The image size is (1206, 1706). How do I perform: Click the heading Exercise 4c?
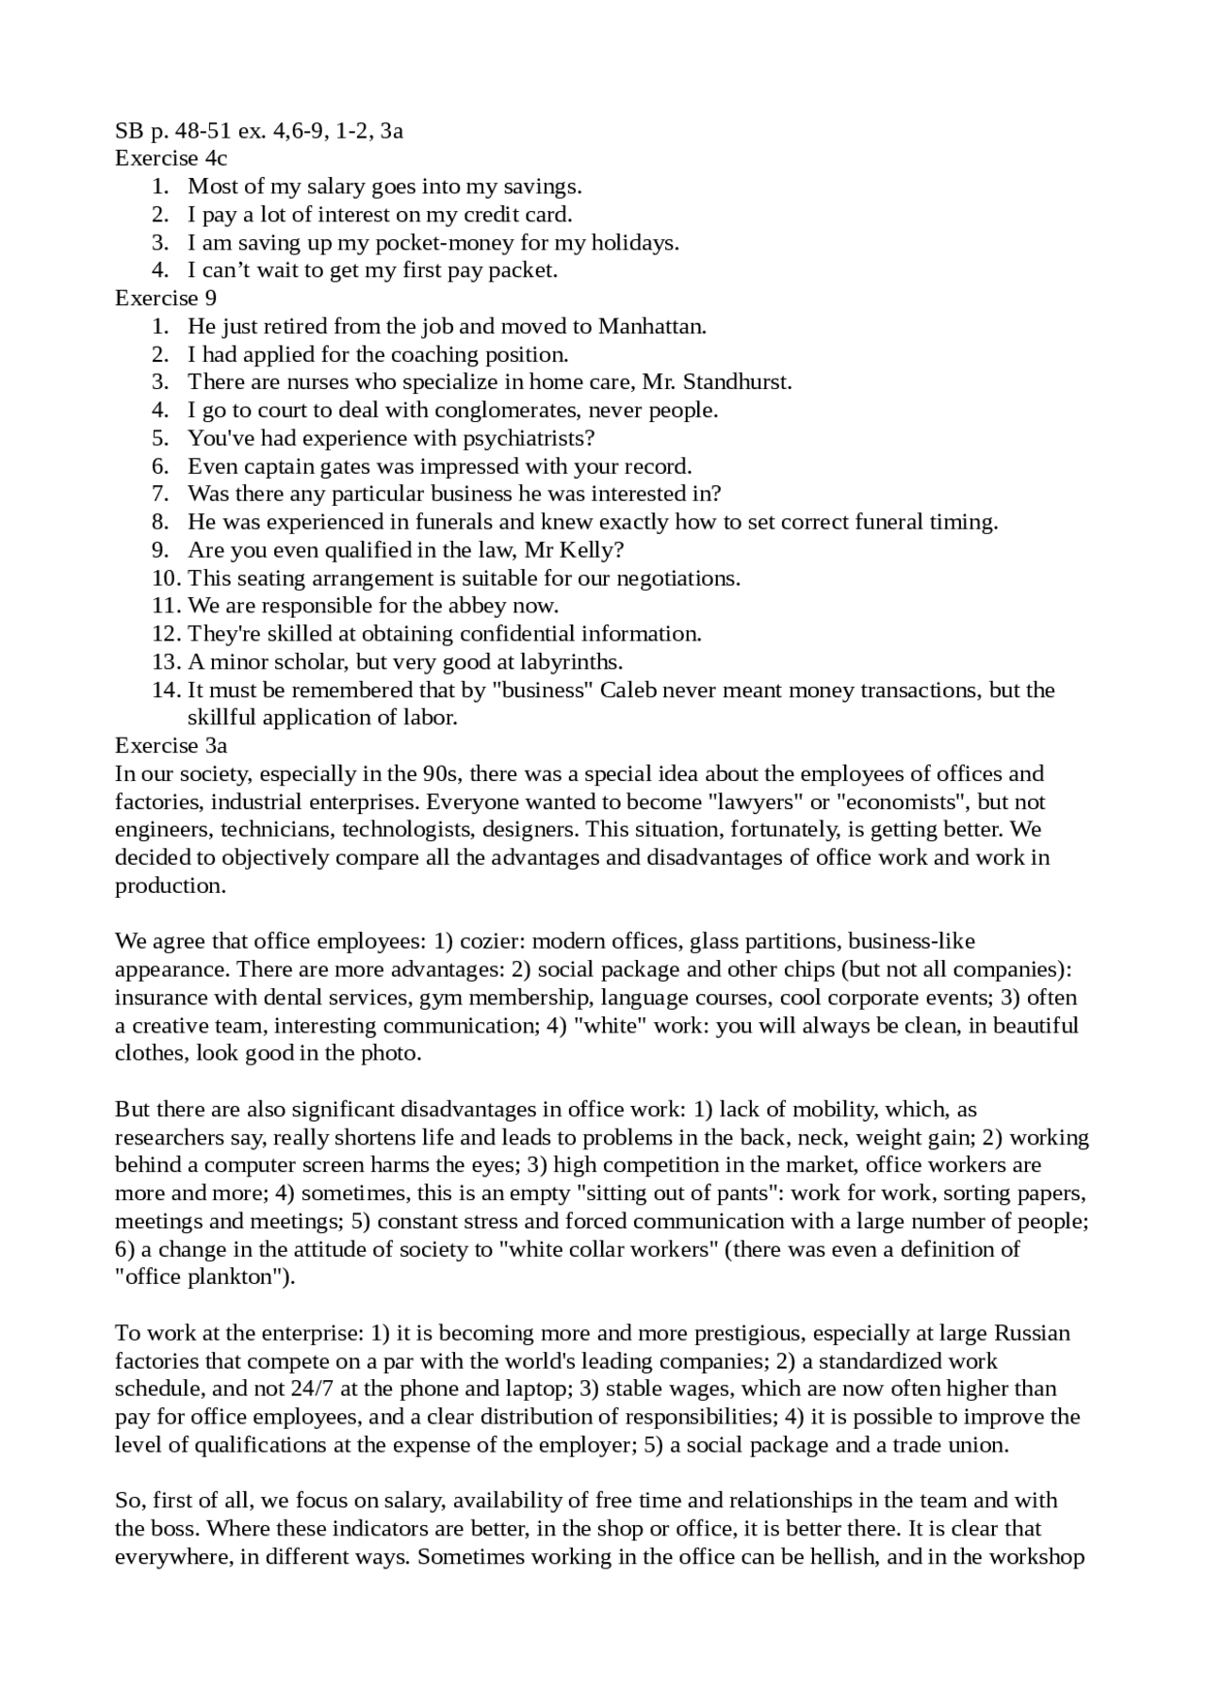tap(171, 158)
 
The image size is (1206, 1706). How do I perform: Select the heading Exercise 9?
tap(165, 298)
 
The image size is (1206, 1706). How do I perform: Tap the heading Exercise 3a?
tap(171, 745)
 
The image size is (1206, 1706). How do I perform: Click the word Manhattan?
tap(651, 326)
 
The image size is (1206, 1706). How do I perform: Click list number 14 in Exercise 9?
tap(165, 690)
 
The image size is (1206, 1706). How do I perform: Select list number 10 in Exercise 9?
tap(165, 577)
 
